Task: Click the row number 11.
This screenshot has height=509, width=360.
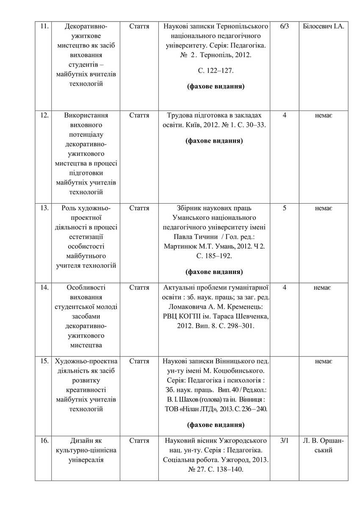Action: pyautogui.click(x=44, y=27)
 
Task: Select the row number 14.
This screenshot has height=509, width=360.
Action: pyautogui.click(x=44, y=288)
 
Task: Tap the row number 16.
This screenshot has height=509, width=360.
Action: pyautogui.click(x=44, y=441)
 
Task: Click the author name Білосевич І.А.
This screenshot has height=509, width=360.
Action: pyautogui.click(x=323, y=27)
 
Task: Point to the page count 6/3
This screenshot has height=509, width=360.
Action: pyautogui.click(x=284, y=27)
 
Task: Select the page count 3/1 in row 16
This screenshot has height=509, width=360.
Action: pyautogui.click(x=284, y=441)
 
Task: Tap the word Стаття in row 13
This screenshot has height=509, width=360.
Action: pyautogui.click(x=139, y=208)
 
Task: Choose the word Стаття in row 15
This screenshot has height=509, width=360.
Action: pyautogui.click(x=139, y=361)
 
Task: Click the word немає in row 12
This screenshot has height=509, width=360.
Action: pyautogui.click(x=323, y=116)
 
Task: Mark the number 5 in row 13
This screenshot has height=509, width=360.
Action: pyautogui.click(x=284, y=208)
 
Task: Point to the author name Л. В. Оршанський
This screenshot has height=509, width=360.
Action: pyautogui.click(x=323, y=445)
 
